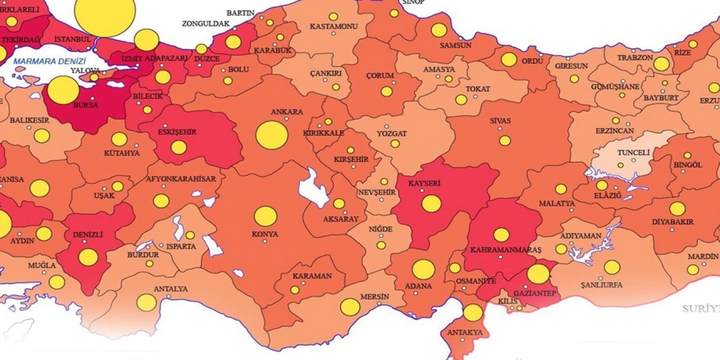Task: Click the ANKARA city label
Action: pos(287,112)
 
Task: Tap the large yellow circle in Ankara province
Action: pos(272,136)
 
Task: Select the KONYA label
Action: pos(264,234)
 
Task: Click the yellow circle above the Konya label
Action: pos(265,217)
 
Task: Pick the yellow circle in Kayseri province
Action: pos(431,204)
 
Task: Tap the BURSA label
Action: pos(85,105)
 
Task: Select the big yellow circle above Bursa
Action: pos(63,90)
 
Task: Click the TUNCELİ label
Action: pos(633,152)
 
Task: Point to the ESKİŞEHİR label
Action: pos(178,132)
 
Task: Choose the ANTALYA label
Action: pos(170,289)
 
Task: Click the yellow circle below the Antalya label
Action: pos(146,303)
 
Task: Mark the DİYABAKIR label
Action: pos(672,222)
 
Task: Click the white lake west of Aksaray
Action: pos(313,188)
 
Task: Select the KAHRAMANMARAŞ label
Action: pos(498,249)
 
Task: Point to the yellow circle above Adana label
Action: pos(423,269)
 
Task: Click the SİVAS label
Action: pos(499,120)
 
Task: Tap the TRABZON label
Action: pos(634,57)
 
